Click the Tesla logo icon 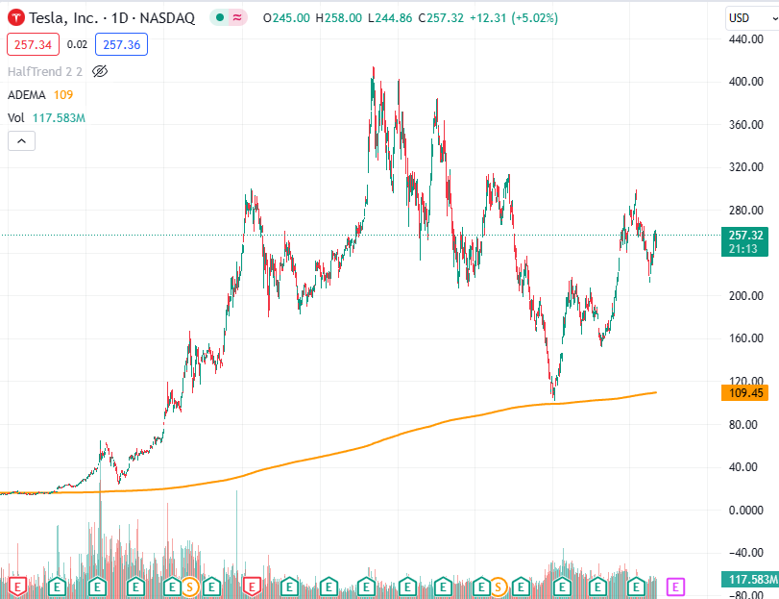pos(15,17)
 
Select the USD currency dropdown pos(744,17)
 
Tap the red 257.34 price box pos(33,44)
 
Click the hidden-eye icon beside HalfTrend pos(100,71)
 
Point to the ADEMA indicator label pos(27,94)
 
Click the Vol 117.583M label pos(46,117)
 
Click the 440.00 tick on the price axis pos(745,39)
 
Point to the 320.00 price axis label pos(745,167)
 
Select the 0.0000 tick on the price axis pos(745,510)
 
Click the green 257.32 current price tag pos(745,236)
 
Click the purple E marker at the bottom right pos(675,586)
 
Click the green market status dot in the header pos(220,17)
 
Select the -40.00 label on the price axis pos(745,552)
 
